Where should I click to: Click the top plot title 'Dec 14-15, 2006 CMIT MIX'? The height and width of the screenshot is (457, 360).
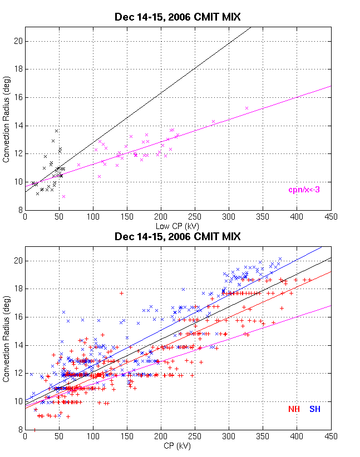pos(177,17)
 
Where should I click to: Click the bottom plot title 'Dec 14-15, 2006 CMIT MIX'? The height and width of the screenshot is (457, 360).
pos(177,236)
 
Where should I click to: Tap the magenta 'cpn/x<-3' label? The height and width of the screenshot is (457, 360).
pos(304,190)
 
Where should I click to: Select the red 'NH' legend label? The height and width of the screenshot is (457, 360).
pos(294,409)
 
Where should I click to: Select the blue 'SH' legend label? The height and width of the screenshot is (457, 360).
pos(315,409)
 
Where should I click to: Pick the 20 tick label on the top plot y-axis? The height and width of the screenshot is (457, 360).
pos(18,41)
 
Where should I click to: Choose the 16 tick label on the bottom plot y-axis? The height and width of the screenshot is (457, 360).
pos(18,317)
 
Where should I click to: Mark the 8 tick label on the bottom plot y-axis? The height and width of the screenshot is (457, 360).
pos(21,430)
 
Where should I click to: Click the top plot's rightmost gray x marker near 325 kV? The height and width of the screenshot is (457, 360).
pos(246,108)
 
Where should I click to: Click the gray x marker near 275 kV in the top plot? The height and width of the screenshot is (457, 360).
pos(213,121)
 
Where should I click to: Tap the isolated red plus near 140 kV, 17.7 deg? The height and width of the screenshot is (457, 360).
pos(121,293)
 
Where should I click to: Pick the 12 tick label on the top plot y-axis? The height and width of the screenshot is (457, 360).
pos(18,153)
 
